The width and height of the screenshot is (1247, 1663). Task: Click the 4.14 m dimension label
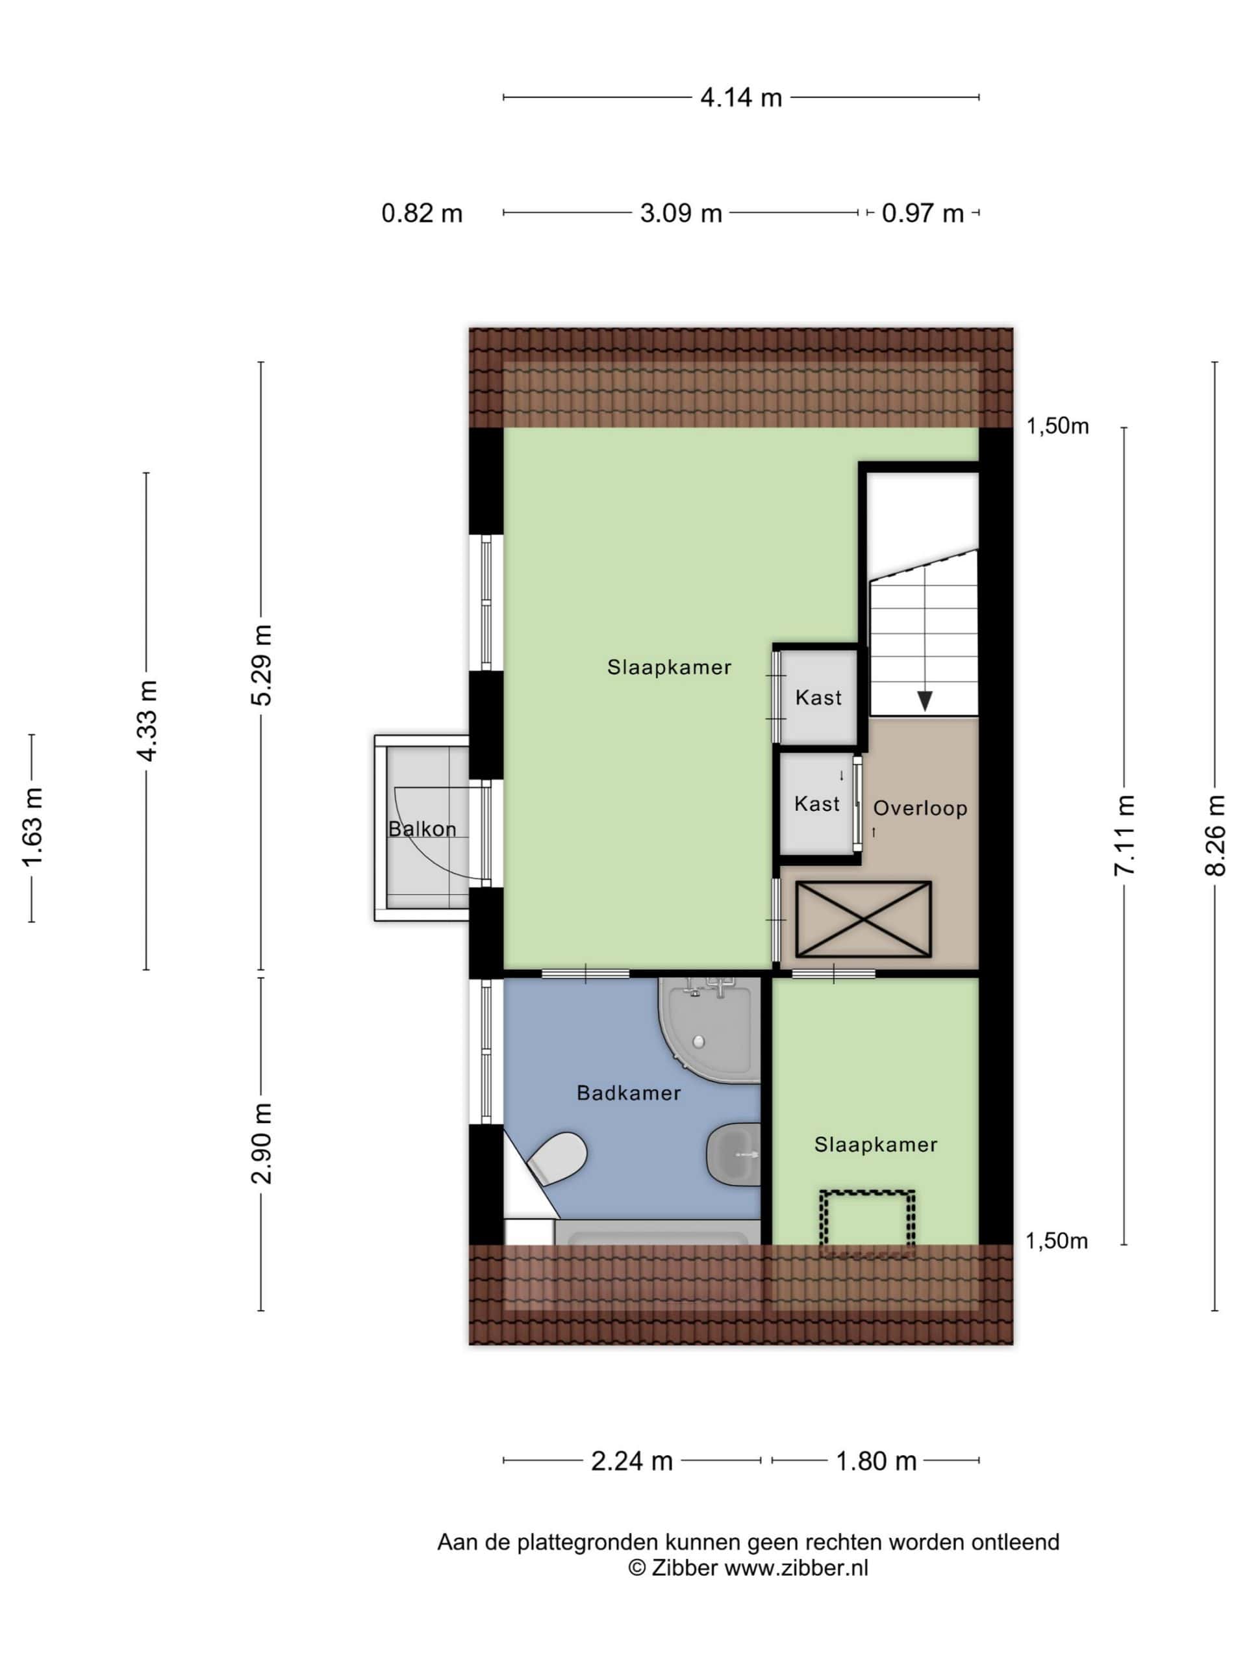tap(740, 97)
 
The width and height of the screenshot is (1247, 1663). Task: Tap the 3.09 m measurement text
tap(680, 214)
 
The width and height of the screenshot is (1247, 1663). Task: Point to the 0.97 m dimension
tap(922, 214)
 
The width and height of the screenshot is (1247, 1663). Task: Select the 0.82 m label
tap(422, 214)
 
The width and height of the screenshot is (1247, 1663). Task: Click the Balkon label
tap(422, 830)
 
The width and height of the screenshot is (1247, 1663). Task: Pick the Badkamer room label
tap(629, 1093)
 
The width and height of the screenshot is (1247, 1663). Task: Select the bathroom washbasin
tap(733, 1155)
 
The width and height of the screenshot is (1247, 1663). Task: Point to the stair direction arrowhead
tap(925, 701)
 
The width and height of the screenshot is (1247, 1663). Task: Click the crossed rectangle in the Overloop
tap(863, 919)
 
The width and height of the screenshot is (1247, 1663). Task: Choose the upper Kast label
tap(818, 698)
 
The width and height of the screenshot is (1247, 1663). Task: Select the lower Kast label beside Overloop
tap(817, 804)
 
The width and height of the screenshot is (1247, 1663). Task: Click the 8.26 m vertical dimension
tap(1215, 836)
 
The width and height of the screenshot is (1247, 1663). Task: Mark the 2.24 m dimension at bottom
tap(631, 1461)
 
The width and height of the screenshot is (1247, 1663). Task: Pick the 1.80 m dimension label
tap(875, 1461)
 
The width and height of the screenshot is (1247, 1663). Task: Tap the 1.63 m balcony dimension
tap(32, 827)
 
